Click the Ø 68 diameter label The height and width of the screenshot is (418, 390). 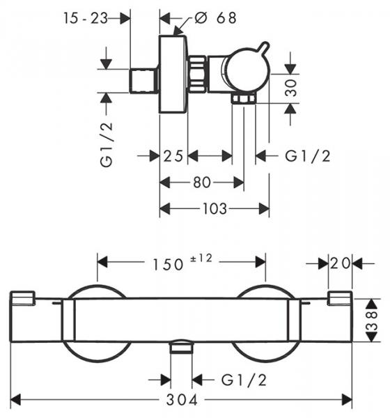[x=215, y=18]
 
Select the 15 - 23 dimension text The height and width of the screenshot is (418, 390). [x=86, y=18]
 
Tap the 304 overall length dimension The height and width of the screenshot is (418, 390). [x=182, y=400]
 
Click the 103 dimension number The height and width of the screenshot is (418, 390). [x=215, y=208]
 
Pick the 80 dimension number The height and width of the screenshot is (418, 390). [x=202, y=183]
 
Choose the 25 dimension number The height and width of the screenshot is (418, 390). [x=173, y=156]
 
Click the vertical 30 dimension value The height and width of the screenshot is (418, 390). [x=290, y=87]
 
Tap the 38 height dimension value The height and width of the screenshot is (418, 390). [x=372, y=320]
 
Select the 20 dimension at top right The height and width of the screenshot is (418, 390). [x=341, y=263]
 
